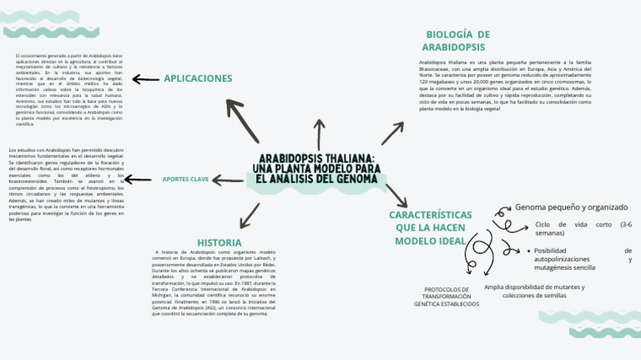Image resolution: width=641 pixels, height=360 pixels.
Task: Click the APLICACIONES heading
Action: pos(198,79)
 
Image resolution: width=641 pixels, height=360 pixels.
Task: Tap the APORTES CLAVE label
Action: pos(185,179)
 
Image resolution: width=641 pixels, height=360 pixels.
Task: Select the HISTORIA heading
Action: pos(220,243)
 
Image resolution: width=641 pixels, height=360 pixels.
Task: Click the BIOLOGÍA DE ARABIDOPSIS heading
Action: pos(457,41)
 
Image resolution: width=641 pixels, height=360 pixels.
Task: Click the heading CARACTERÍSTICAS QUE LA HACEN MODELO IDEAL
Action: pos(431,227)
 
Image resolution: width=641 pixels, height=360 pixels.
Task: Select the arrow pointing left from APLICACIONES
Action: pos(146,79)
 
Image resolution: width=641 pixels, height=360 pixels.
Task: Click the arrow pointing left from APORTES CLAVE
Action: pos(227,179)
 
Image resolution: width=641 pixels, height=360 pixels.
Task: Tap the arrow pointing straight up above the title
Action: pos(319,134)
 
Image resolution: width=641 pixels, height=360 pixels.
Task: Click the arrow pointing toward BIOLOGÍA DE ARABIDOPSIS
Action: pos(392,133)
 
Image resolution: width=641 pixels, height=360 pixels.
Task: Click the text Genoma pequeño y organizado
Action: pos(571,206)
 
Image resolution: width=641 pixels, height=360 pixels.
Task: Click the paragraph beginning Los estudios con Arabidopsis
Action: pos(66,184)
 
